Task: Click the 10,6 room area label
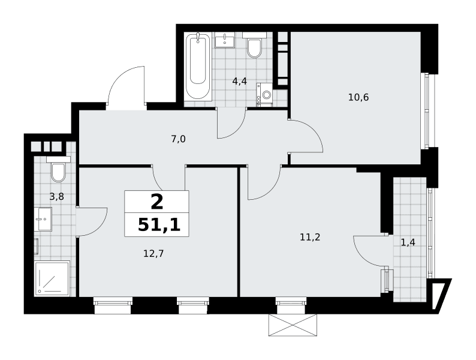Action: [x=358, y=98]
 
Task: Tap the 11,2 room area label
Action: [x=310, y=237]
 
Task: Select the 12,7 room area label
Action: [x=153, y=253]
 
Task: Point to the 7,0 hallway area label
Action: [x=178, y=139]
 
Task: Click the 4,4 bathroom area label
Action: [x=240, y=81]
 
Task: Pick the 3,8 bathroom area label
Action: [x=56, y=197]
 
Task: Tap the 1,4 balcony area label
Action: [x=408, y=242]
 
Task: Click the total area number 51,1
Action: [x=159, y=225]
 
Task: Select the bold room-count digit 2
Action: [x=157, y=202]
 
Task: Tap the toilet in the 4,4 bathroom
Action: [x=254, y=45]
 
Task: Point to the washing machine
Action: [x=264, y=95]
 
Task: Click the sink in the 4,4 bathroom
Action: [x=225, y=41]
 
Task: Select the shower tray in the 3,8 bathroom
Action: [x=52, y=278]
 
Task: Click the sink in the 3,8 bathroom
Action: [x=43, y=219]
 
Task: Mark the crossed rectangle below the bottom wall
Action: [x=293, y=325]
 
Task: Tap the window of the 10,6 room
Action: [x=427, y=111]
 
